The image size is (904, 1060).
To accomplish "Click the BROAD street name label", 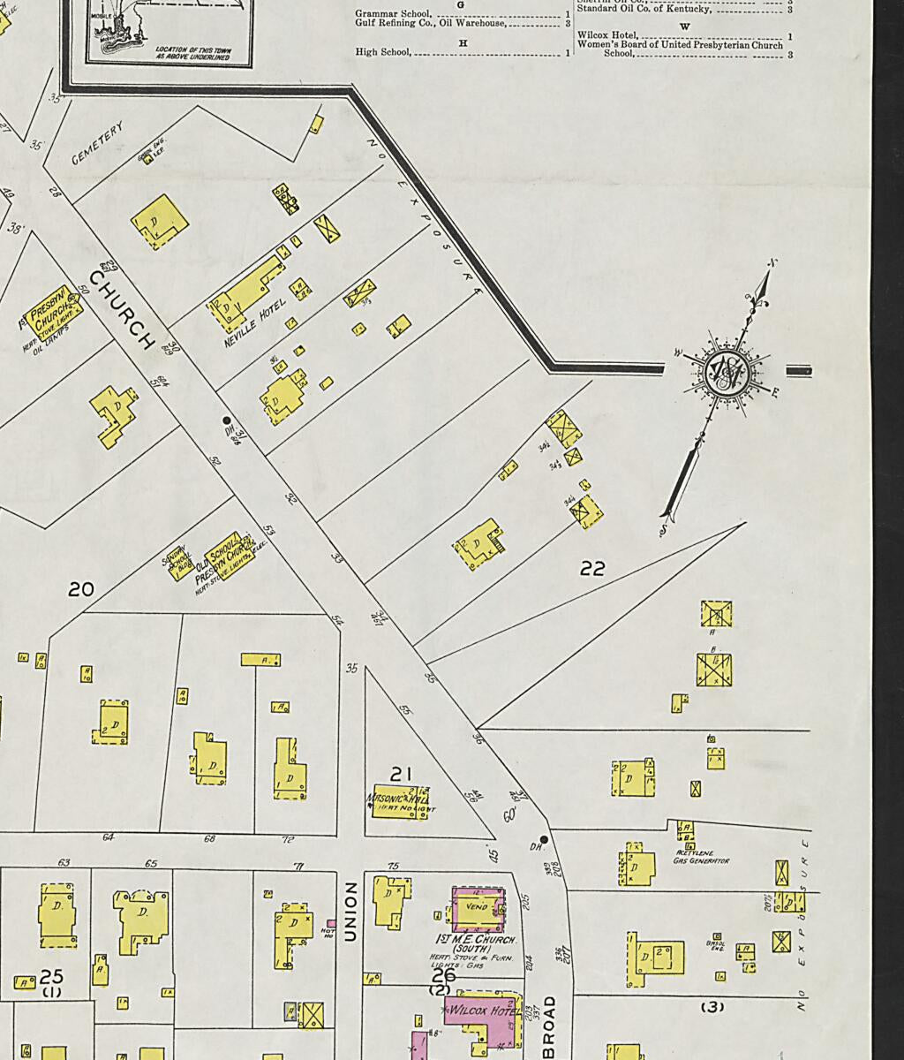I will (x=549, y=1026).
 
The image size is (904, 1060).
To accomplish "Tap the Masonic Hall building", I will (x=400, y=800).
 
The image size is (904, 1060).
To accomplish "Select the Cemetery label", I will (x=96, y=144).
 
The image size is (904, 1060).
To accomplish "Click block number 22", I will (x=592, y=569).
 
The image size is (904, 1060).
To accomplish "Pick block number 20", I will (x=81, y=588).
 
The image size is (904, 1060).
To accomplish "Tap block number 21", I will (x=402, y=774).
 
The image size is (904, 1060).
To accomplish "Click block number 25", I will (x=51, y=976).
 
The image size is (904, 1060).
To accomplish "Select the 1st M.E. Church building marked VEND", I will (x=478, y=908).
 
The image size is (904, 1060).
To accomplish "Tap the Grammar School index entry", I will (x=393, y=14).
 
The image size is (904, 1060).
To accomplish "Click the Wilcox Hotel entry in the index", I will (x=606, y=35).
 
